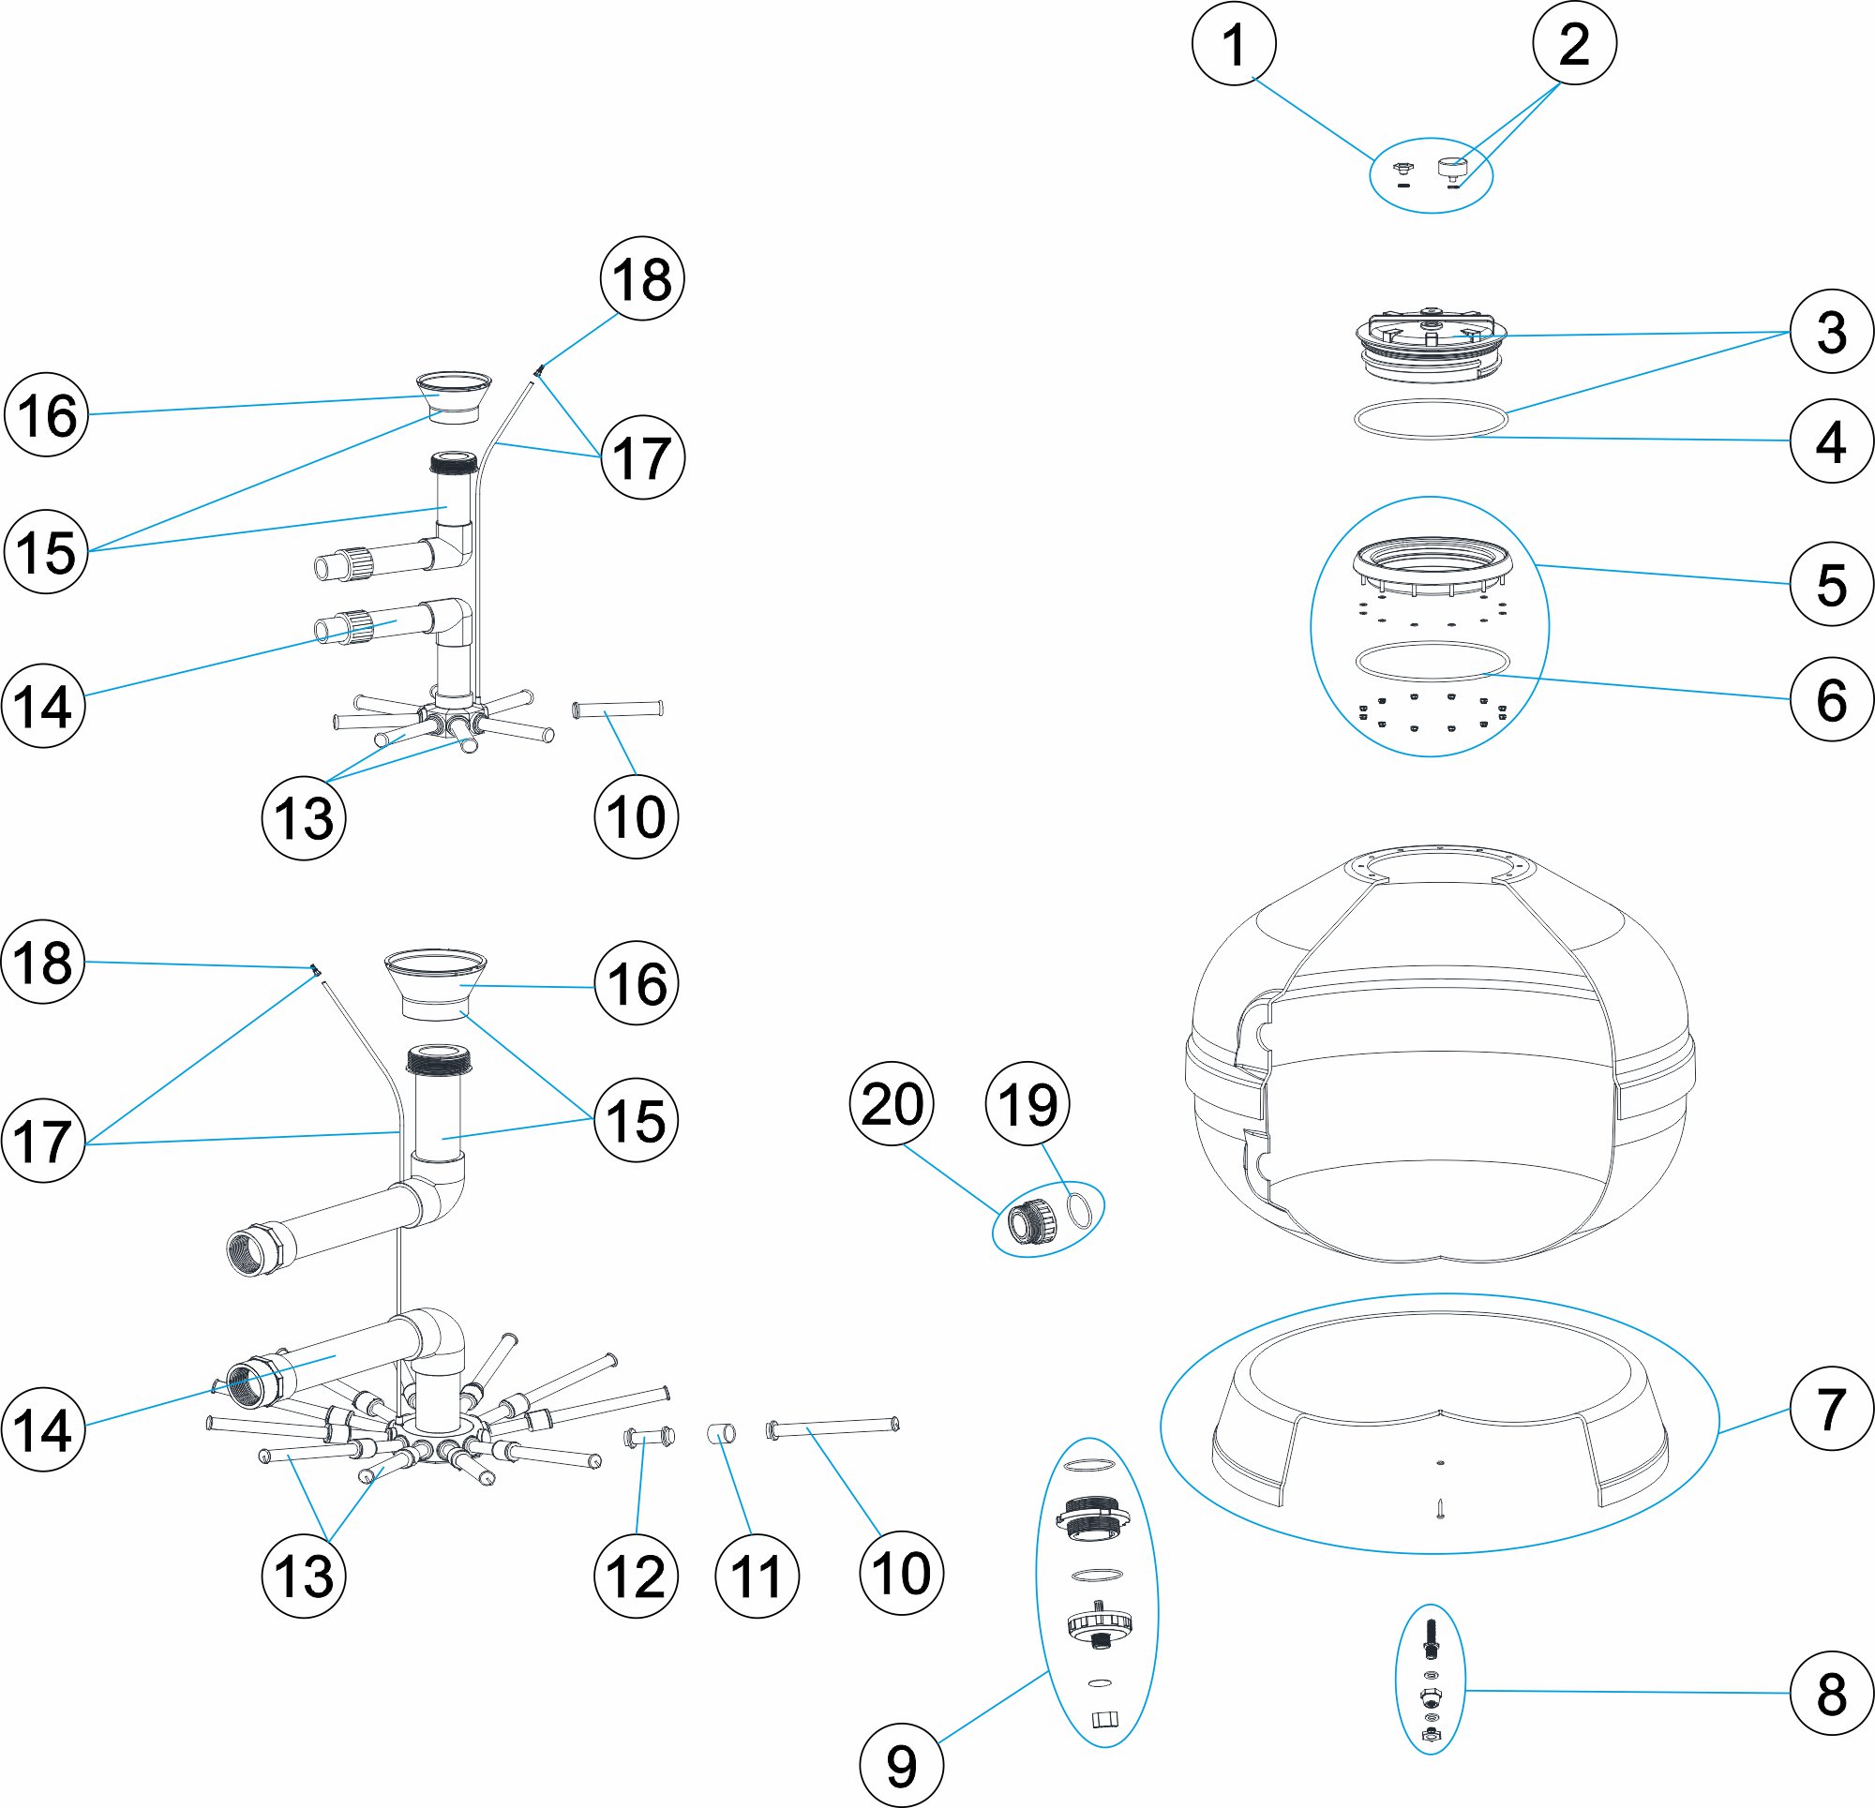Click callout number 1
tap(1234, 44)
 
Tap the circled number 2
tap(1574, 44)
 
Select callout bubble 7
tap(1831, 1408)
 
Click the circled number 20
tap(892, 1104)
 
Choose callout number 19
tap(1027, 1104)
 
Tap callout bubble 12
tap(636, 1576)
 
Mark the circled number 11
tap(757, 1576)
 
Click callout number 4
tap(1831, 441)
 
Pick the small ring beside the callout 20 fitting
tap(1078, 1211)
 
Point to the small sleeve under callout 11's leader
tap(722, 1433)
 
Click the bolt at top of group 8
tap(1431, 1637)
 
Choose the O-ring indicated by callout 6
tap(1432, 661)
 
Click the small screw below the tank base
tap(1439, 1510)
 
